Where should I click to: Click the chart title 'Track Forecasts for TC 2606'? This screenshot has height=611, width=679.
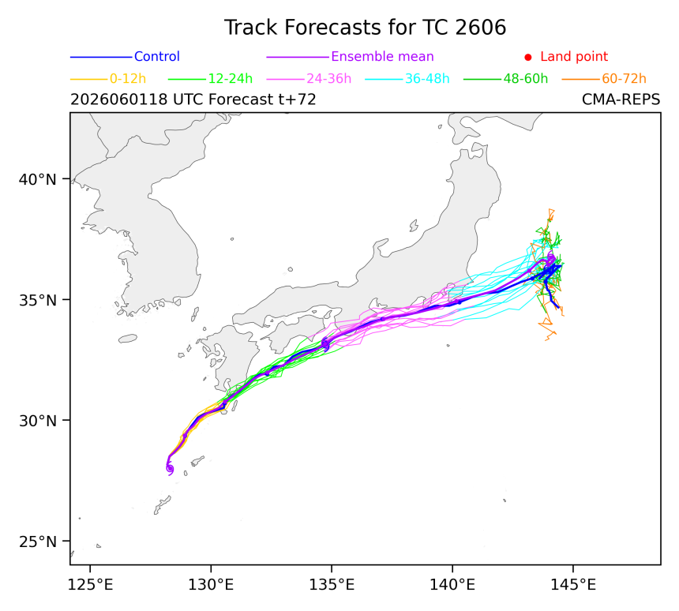tap(365, 28)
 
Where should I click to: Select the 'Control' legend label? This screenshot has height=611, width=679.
tap(157, 57)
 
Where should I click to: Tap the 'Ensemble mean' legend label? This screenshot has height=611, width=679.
tap(382, 57)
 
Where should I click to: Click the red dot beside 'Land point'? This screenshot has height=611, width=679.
tap(528, 57)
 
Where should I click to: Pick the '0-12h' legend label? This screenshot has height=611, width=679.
tap(128, 79)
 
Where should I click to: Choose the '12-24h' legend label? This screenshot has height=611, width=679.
tap(231, 79)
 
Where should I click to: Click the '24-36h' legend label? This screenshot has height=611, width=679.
tap(329, 79)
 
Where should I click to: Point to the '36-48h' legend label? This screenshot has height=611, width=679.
tap(427, 79)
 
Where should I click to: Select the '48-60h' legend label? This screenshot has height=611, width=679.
tap(526, 79)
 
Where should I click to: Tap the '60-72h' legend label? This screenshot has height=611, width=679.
tap(624, 79)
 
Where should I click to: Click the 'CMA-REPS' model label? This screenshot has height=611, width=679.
tap(621, 99)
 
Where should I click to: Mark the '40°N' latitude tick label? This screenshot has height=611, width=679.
tap(38, 179)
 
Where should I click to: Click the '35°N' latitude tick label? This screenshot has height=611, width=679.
tap(38, 300)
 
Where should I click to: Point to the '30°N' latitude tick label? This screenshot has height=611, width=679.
tap(38, 421)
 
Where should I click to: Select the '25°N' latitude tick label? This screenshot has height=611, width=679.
tap(38, 542)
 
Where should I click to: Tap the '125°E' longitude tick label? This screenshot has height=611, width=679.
tap(91, 585)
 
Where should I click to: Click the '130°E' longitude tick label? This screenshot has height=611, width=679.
tap(211, 585)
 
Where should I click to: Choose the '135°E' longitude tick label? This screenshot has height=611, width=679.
tap(332, 585)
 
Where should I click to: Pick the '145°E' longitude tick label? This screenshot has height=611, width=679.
tap(573, 585)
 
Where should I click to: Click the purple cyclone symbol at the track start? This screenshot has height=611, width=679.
tap(170, 469)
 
